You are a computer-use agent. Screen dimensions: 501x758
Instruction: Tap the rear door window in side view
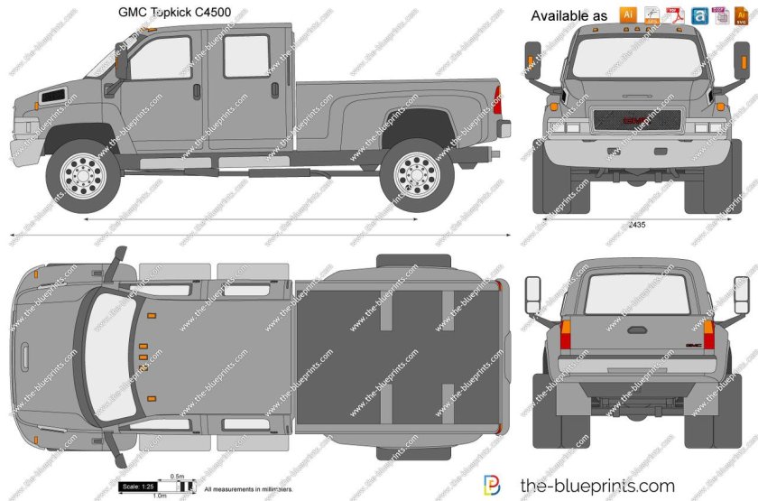coord(245,56)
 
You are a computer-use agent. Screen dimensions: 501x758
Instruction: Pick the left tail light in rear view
coord(567,336)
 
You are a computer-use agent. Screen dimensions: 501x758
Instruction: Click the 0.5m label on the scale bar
coord(178,477)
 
